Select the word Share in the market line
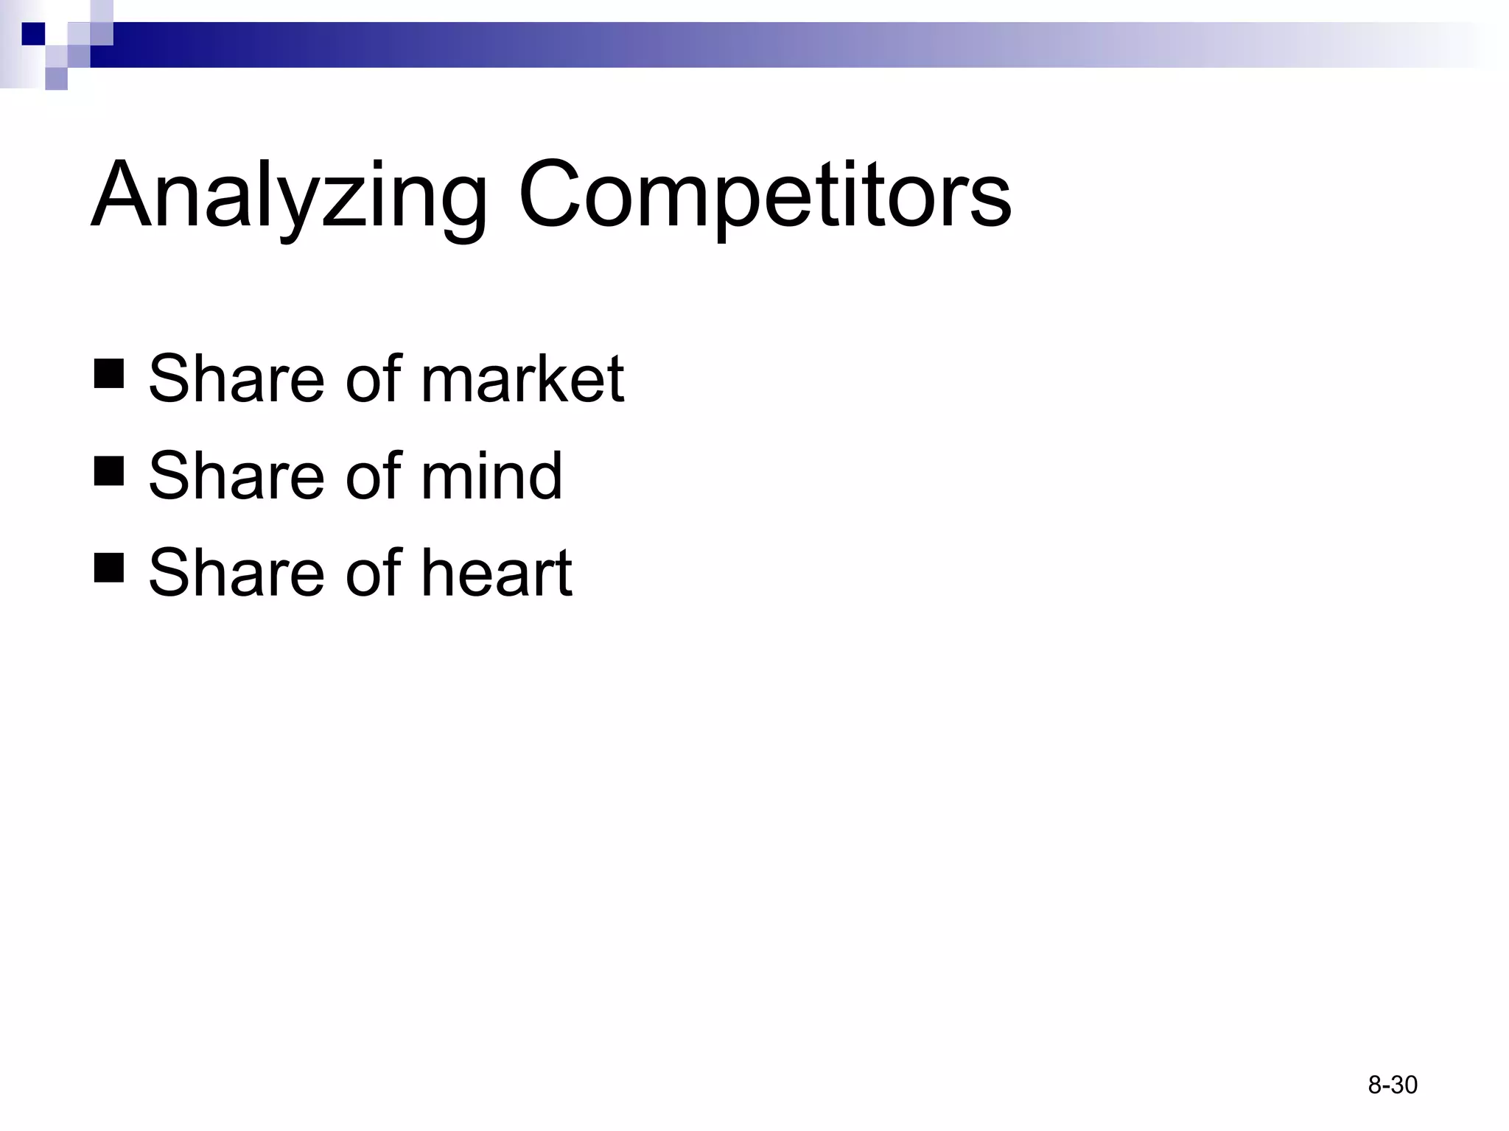click(237, 379)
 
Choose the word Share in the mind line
click(237, 476)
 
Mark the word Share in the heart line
click(237, 573)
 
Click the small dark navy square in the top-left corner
click(33, 34)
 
